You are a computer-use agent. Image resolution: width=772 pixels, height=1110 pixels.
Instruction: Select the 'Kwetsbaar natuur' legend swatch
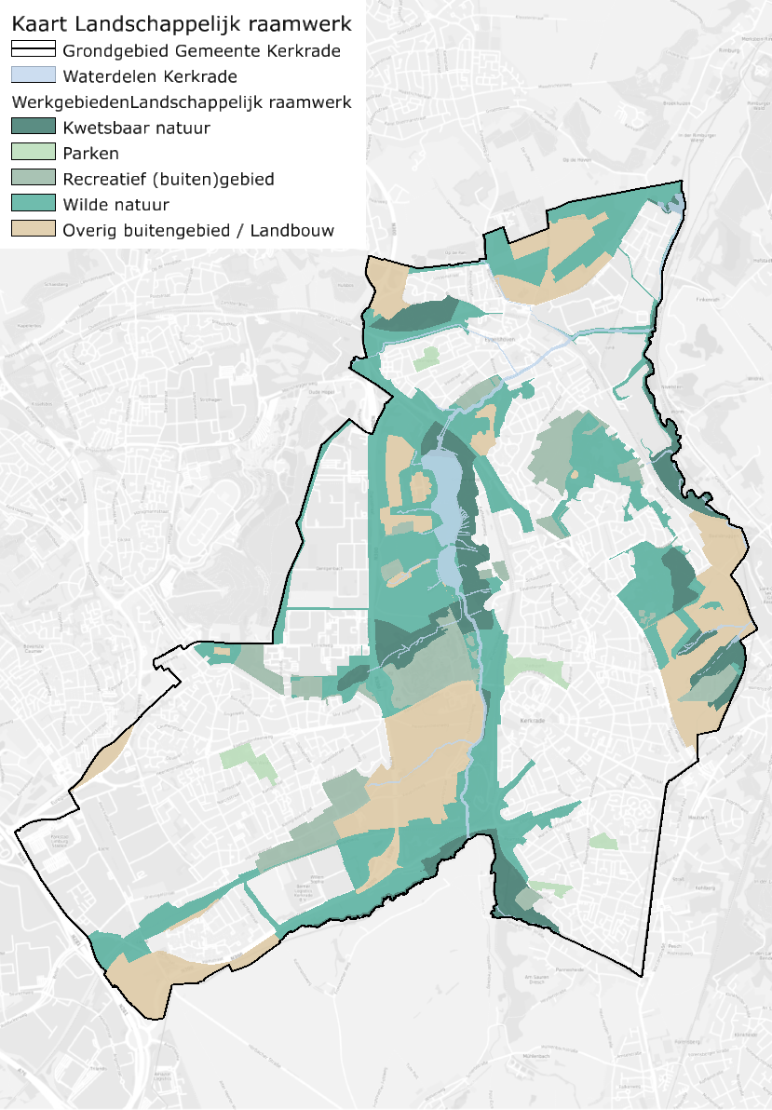coord(33,128)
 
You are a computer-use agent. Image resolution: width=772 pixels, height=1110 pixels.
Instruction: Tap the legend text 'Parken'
coord(91,153)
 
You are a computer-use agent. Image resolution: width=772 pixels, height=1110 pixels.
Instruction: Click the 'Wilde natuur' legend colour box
coord(33,204)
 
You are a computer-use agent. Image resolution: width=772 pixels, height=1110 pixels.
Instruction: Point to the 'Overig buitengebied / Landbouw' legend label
coord(198,230)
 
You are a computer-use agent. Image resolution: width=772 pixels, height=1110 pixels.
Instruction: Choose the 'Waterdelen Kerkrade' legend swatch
coord(33,76)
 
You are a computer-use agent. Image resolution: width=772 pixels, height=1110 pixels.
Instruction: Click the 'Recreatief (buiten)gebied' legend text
coord(169,179)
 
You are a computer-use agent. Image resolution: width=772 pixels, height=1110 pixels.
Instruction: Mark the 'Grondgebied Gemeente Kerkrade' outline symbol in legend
coord(33,50)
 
